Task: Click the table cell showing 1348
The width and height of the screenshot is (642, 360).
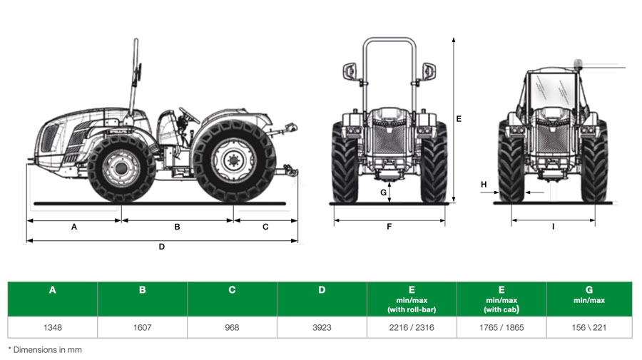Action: point(52,327)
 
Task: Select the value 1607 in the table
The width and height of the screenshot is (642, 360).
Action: point(142,327)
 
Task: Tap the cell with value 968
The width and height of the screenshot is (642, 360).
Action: point(232,327)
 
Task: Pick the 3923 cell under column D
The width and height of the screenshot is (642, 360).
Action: point(322,327)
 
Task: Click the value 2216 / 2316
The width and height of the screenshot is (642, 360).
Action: point(412,327)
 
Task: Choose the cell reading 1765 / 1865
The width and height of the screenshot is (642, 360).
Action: point(501,327)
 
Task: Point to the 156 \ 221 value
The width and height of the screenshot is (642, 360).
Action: point(589,327)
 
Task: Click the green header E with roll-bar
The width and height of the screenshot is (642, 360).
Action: point(412,299)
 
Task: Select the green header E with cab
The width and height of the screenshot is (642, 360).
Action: point(501,299)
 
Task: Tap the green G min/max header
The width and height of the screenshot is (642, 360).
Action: point(589,294)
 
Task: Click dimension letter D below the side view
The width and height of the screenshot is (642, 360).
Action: point(162,247)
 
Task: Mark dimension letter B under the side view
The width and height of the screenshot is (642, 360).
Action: point(177,227)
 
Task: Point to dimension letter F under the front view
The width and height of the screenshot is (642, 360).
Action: point(389,227)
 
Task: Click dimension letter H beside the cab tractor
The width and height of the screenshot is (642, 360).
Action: point(484,185)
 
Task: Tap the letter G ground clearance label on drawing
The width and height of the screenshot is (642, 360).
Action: point(383,192)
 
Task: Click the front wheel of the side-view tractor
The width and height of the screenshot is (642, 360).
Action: point(121,168)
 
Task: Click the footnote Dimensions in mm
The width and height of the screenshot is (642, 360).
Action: point(45,350)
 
